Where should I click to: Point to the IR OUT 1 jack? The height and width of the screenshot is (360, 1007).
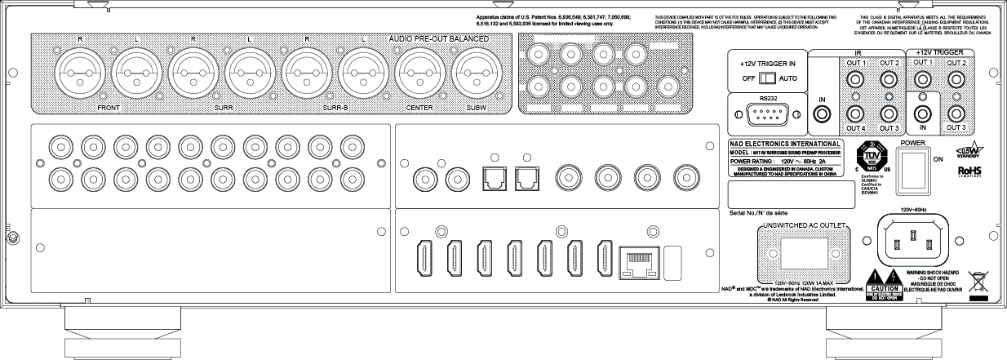(x=854, y=82)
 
